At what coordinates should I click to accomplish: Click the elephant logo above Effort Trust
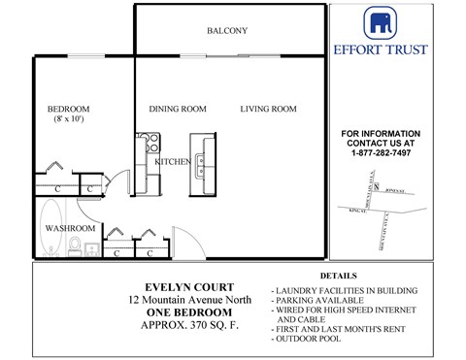click(379, 22)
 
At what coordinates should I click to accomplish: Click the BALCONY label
click(226, 31)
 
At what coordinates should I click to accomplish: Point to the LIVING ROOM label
click(268, 110)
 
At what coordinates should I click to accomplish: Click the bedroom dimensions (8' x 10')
click(69, 118)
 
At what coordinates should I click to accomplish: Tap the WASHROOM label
click(70, 228)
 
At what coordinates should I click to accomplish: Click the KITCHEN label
click(173, 162)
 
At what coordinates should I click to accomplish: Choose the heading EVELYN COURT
click(187, 287)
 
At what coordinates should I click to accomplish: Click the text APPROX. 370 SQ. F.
click(187, 325)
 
